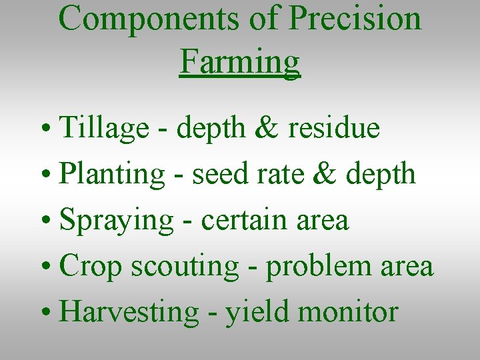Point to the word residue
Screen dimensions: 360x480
(333, 127)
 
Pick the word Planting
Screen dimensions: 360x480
(112, 175)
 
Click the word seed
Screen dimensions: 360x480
(215, 174)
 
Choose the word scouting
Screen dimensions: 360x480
(185, 267)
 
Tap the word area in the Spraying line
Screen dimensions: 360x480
(323, 221)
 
